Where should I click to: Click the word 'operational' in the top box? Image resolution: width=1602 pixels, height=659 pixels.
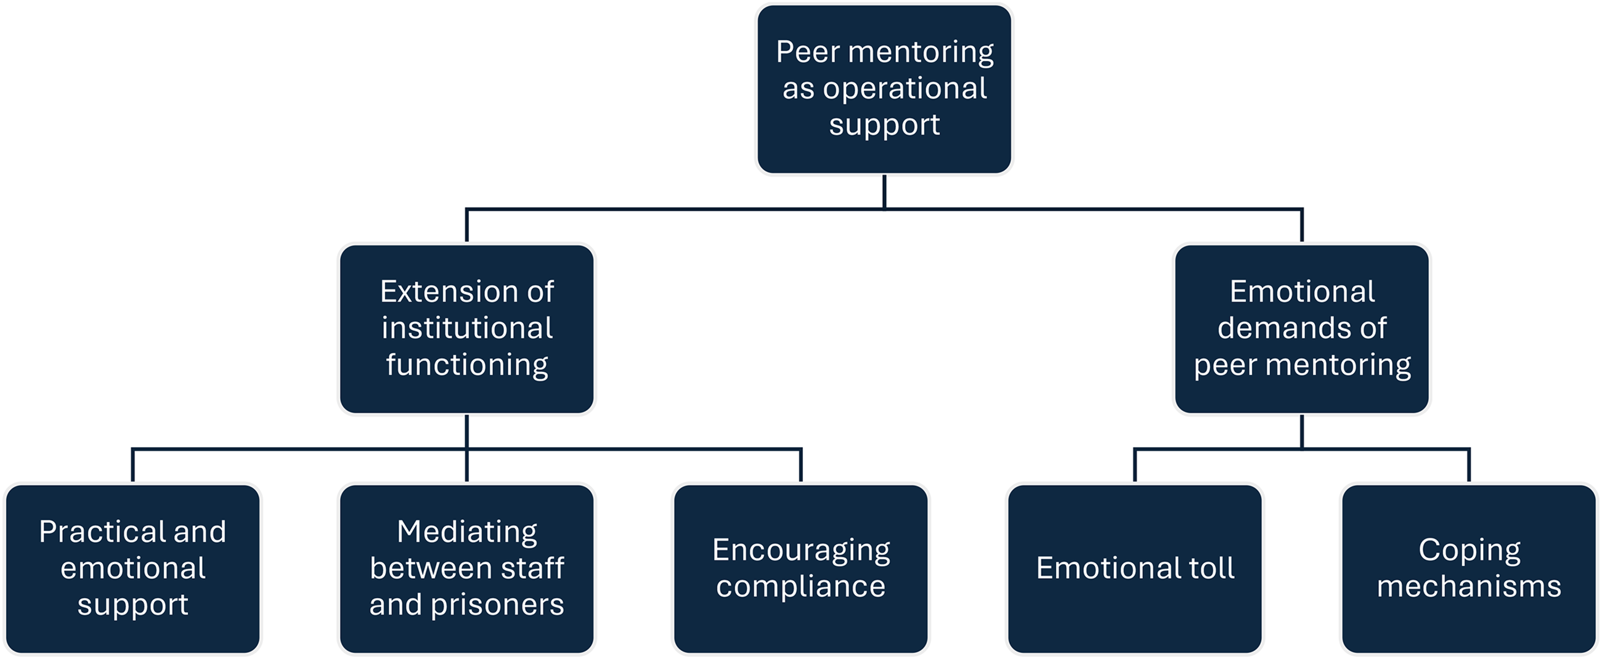coord(905,89)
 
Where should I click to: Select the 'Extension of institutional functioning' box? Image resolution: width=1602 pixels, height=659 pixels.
coord(466,329)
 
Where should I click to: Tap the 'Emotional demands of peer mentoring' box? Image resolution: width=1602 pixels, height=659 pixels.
coord(1301,329)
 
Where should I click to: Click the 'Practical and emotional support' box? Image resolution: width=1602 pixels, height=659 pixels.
coord(132,569)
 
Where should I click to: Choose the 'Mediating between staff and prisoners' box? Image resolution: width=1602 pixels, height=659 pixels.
coord(466,569)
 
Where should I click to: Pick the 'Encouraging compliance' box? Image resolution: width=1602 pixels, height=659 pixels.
coord(801,569)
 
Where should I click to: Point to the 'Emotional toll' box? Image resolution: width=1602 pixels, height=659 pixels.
coord(1135,569)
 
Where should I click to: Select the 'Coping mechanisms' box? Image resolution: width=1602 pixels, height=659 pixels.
coord(1469,569)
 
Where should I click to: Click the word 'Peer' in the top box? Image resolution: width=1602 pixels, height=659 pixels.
coord(807,52)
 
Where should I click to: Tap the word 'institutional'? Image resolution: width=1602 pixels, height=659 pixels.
coord(467,328)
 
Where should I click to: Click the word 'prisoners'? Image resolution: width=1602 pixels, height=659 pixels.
coord(497,605)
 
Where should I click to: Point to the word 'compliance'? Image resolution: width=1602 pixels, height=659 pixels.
coord(800,587)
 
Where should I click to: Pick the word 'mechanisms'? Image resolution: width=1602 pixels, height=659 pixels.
coord(1469,586)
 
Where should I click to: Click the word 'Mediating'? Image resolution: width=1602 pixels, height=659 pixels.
coord(467,533)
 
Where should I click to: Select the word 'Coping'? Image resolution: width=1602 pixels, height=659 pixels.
coord(1470,551)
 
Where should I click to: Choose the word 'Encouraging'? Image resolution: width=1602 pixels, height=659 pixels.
coord(801,551)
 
